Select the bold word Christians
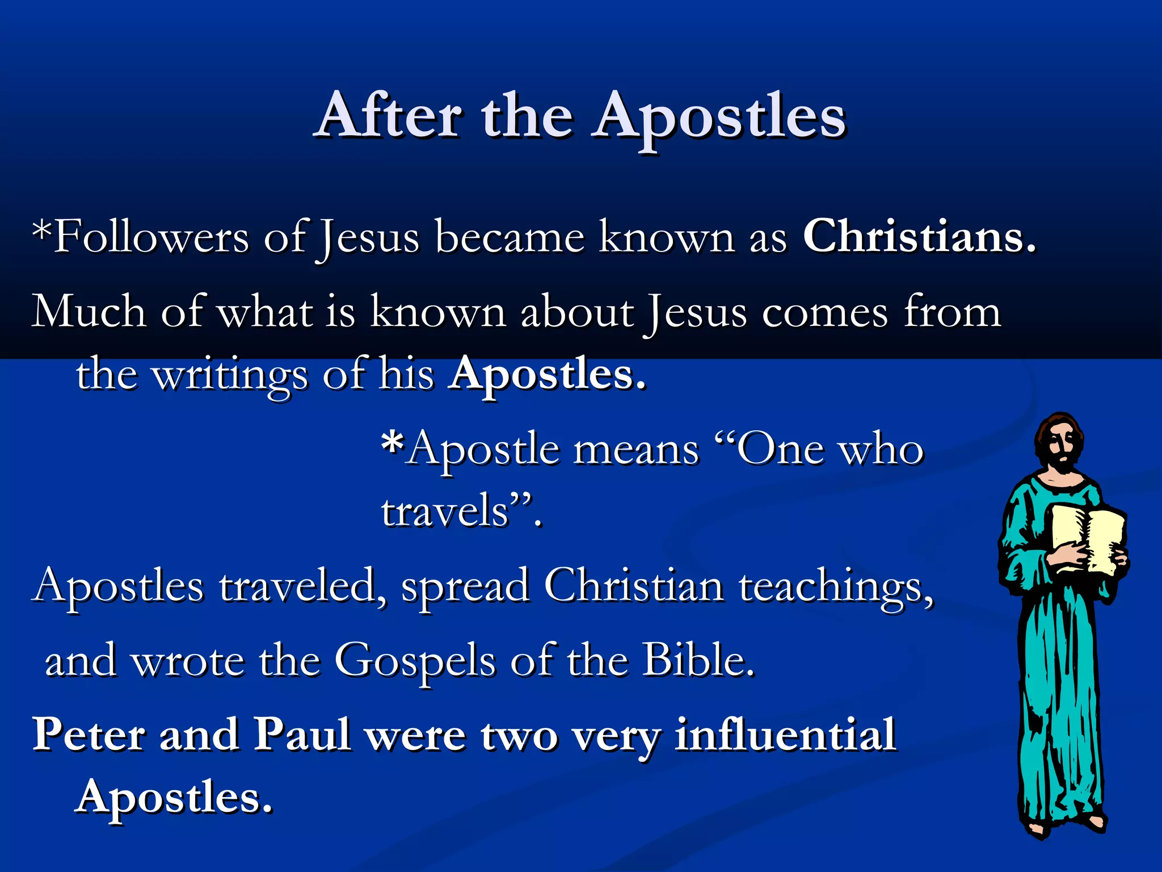(919, 237)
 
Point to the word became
(510, 237)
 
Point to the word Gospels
(415, 661)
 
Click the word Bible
(698, 660)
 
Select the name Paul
(301, 735)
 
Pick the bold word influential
(785, 735)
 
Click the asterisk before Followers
(41, 230)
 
